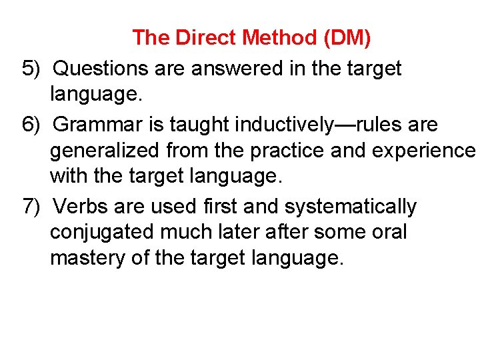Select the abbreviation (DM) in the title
(347, 38)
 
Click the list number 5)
(32, 68)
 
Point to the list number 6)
(32, 125)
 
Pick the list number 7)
(32, 207)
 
